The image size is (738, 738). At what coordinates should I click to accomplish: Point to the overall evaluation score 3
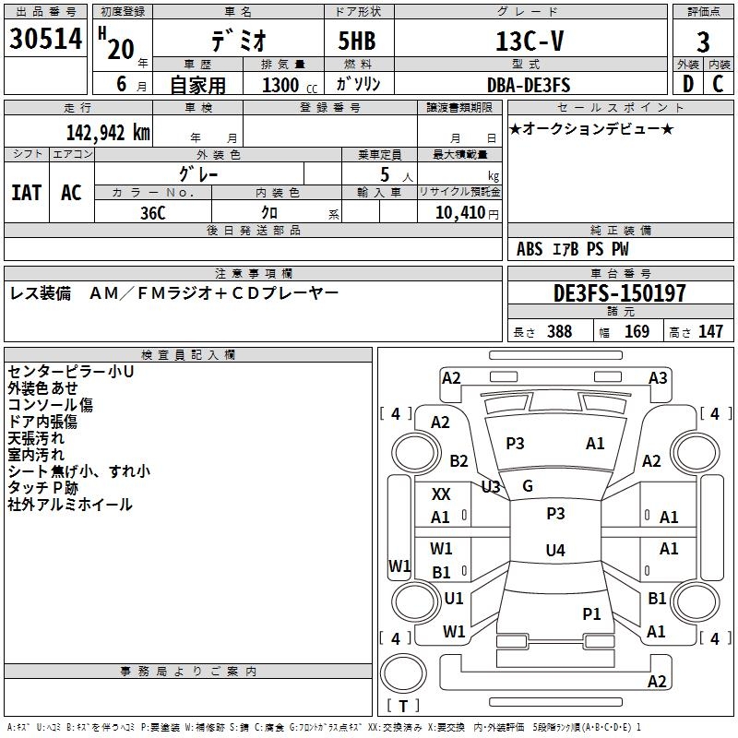703,42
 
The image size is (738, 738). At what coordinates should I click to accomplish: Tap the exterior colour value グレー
198,173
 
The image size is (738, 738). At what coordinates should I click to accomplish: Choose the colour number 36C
153,211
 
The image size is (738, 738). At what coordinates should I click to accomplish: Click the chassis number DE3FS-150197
620,293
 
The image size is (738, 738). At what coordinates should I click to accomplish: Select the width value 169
637,332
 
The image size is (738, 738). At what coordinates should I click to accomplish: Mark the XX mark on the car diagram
441,494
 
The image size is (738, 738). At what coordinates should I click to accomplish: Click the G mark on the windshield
528,485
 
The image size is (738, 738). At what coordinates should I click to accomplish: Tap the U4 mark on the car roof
554,551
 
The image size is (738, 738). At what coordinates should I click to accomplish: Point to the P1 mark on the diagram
591,613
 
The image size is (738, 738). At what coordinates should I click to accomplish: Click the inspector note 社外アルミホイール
69,505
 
